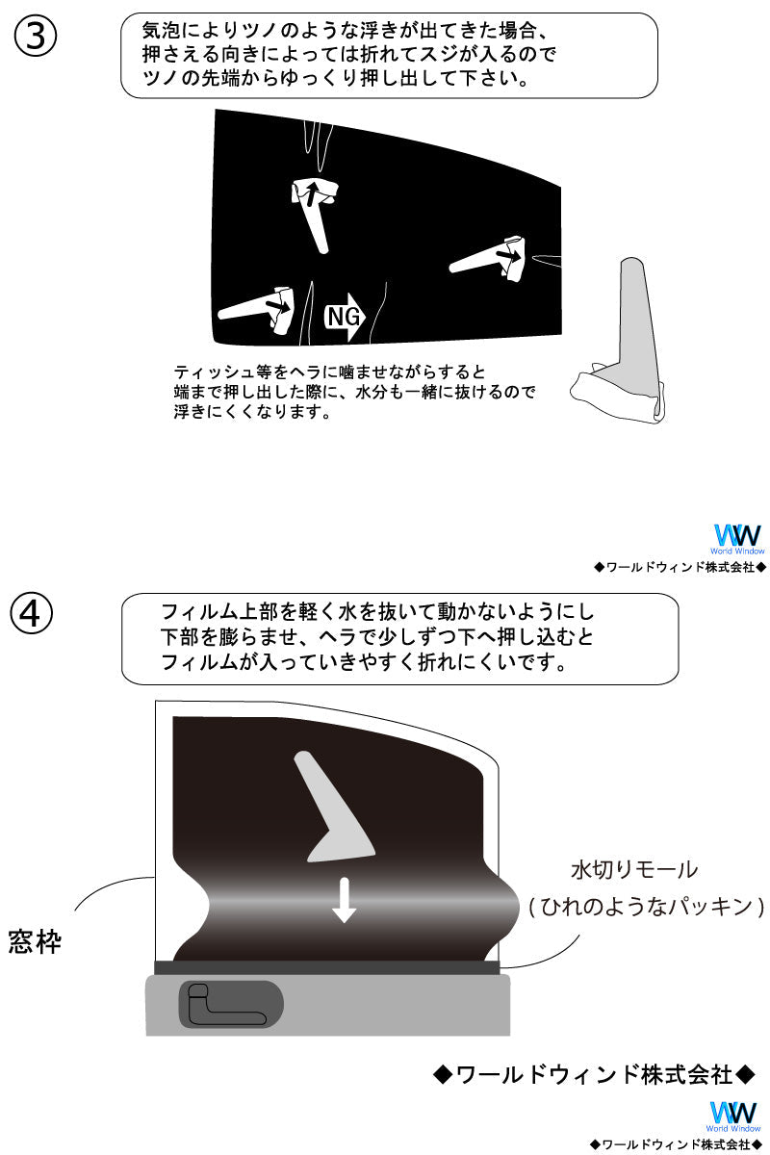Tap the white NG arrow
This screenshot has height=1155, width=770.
346,318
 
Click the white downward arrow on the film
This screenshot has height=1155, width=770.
344,900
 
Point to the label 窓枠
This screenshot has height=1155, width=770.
35,940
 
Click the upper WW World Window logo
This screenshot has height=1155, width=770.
737,538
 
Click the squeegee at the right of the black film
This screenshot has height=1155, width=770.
497,258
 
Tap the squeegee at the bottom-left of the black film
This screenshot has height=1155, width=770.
259,307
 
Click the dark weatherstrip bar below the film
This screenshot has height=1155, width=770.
326,967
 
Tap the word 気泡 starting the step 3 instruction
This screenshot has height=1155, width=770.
157,32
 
